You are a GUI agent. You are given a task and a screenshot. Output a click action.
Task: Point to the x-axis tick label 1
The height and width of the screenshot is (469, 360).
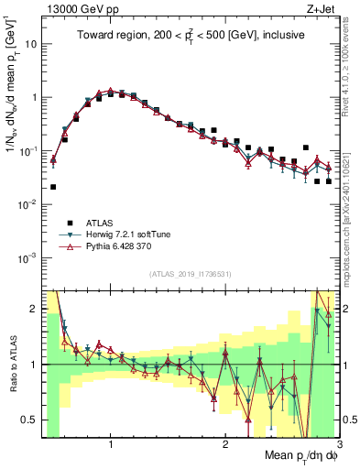(111, 444)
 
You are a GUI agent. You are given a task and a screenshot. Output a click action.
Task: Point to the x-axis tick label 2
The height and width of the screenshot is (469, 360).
(225, 444)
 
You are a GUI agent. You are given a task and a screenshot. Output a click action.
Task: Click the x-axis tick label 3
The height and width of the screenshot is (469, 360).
(338, 444)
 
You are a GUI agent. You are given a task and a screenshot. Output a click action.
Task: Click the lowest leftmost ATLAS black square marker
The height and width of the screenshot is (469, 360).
(53, 187)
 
